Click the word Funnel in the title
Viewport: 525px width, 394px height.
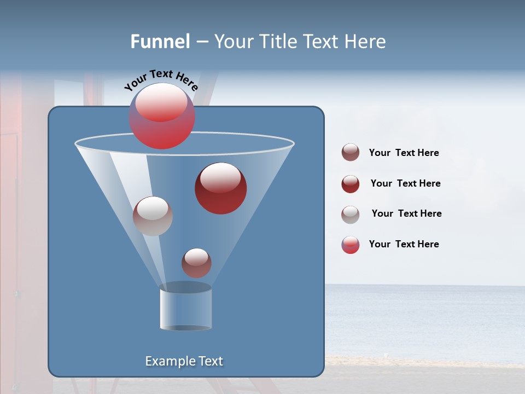point(160,42)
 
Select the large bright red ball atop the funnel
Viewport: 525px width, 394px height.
point(162,116)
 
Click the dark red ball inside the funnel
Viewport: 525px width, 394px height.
point(221,188)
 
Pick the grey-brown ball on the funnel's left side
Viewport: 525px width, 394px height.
point(153,216)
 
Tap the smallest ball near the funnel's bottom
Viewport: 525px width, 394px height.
point(196,263)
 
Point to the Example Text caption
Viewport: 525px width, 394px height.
point(184,361)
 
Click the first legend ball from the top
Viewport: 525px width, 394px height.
point(351,153)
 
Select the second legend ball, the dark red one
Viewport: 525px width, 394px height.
point(351,184)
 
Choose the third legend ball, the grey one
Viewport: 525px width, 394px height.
point(351,215)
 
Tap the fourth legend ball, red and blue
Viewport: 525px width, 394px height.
point(351,245)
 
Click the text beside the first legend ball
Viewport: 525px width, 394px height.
point(404,153)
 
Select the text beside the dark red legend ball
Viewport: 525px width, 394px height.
point(405,184)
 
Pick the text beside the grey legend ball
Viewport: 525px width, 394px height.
point(406,214)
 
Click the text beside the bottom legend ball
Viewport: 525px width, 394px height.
point(404,245)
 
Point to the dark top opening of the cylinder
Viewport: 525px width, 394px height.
point(185,287)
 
